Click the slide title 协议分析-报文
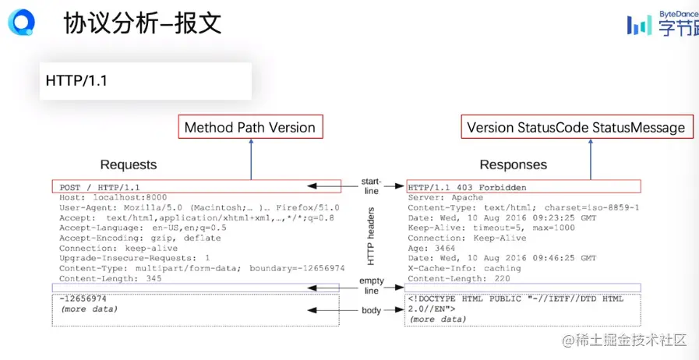point(143,23)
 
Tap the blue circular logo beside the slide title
point(21,22)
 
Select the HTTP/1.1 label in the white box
point(76,80)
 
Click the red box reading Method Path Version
point(250,127)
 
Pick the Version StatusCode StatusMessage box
point(577,127)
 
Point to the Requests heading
point(129,165)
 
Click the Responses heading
point(513,165)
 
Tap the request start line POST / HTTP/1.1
point(100,188)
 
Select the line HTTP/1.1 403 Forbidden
point(467,187)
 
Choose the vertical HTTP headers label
point(371,236)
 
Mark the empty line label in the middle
point(372,286)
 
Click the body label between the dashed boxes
point(372,311)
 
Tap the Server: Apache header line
point(445,197)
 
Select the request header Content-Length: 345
point(110,278)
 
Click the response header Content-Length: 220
point(459,278)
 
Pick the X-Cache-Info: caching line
point(464,268)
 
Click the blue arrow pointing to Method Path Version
point(251,159)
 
